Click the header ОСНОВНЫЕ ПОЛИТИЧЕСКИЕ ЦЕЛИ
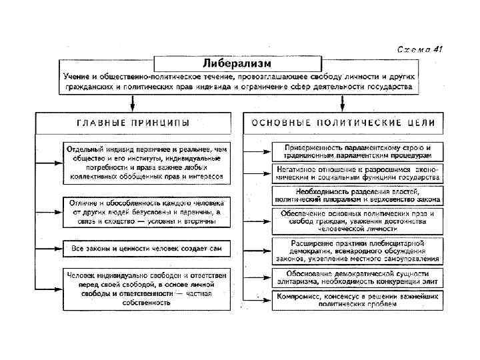coord(343,123)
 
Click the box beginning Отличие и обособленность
coord(147,211)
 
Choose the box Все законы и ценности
coord(147,249)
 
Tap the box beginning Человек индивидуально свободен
coord(147,288)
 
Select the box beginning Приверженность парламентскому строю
coord(358,151)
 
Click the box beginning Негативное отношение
coord(358,174)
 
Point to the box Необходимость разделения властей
coord(358,195)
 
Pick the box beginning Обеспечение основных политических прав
coord(358,218)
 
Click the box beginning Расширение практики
coord(358,249)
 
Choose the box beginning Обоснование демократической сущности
coord(358,277)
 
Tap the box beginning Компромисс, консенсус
coord(358,300)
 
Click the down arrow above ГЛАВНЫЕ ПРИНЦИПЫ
coord(133,103)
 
